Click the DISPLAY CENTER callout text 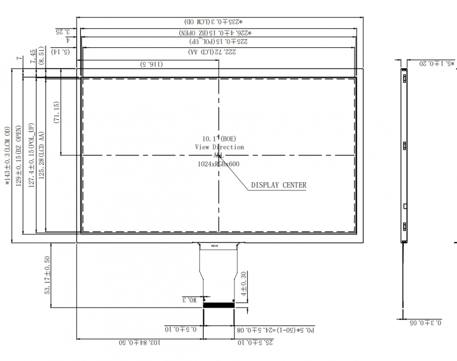tap(279, 185)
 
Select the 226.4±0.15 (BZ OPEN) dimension tap(219, 32)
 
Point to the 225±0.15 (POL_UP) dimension tap(219, 42)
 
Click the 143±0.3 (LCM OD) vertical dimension tap(7, 155)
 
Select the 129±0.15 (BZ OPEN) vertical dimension tap(19, 155)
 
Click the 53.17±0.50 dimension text tap(48, 275)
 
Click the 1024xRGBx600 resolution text tap(219, 163)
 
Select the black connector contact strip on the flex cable tap(219, 305)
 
